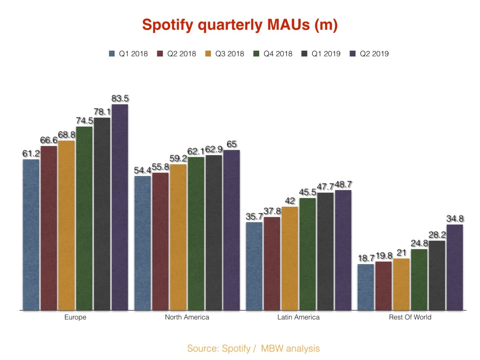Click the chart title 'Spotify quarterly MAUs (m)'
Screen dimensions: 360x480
240,25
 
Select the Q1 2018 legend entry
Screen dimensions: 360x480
129,54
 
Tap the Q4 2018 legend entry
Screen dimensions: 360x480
273,54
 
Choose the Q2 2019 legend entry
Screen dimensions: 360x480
369,54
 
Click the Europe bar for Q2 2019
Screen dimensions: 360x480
120,207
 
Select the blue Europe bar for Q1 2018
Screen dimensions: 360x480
31,235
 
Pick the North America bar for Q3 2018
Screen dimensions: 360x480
178,237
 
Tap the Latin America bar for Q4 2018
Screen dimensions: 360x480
307,254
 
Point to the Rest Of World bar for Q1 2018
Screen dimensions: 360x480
366,287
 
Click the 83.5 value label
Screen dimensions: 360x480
120,99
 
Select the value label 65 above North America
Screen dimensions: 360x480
231,144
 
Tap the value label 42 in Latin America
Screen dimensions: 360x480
290,201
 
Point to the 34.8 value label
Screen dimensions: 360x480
455,219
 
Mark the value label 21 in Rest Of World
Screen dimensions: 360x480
401,253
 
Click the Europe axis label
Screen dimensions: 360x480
75,317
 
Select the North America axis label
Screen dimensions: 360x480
187,317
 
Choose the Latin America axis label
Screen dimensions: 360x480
298,317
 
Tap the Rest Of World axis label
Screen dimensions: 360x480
410,317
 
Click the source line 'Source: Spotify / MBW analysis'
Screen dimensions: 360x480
253,349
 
